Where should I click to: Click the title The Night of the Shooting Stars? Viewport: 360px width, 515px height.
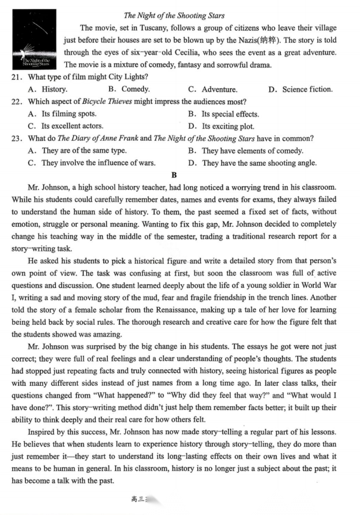174,16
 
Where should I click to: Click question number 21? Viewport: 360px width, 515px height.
17,77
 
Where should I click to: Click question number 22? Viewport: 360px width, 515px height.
17,102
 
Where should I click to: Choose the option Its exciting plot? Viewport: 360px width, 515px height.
222,126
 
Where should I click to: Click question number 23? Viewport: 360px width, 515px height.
17,138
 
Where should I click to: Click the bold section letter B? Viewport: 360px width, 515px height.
174,175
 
